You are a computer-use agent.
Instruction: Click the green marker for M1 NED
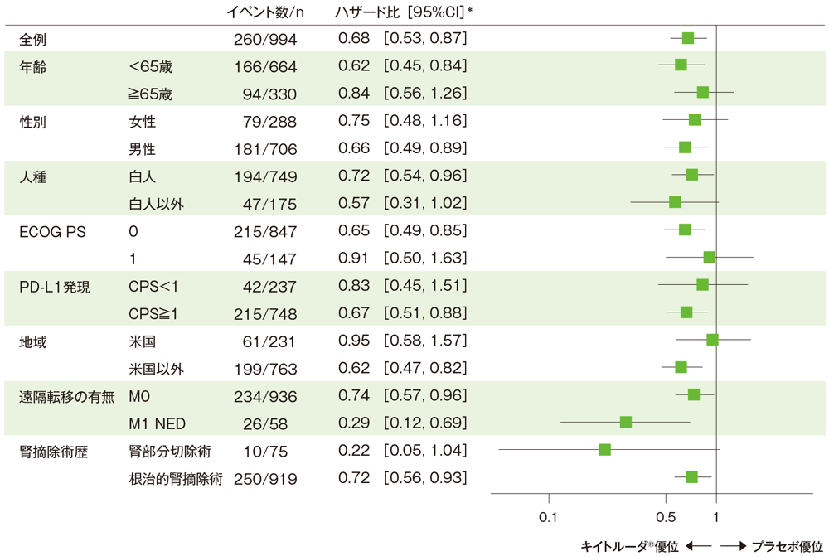626,422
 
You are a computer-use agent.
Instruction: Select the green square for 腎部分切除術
604,449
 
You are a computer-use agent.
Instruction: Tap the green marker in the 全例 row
687,38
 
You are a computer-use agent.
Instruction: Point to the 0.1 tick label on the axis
548,517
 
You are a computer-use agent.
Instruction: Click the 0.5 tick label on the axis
666,517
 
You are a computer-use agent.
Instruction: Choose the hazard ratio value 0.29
353,423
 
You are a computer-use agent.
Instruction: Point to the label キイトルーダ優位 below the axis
630,546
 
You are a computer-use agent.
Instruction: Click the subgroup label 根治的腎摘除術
175,478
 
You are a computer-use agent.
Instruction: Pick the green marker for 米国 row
711,339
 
